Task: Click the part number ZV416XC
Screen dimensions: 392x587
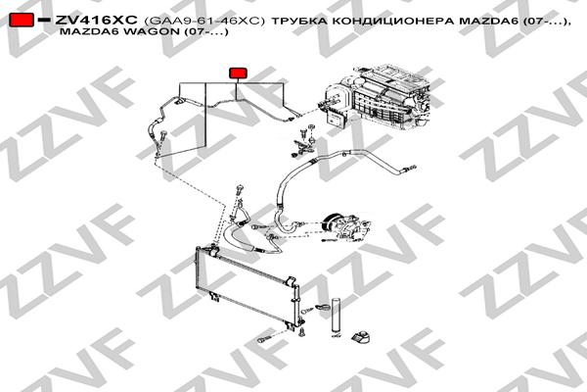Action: (x=96, y=20)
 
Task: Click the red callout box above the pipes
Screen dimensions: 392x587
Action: (x=237, y=73)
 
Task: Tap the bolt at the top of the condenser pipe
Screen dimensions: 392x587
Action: (x=238, y=187)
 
